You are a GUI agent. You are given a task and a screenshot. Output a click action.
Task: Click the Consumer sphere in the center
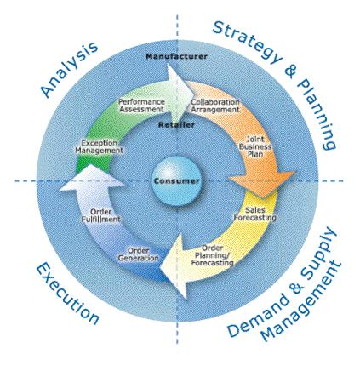[177, 181]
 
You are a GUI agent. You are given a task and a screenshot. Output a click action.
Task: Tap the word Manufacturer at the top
[176, 56]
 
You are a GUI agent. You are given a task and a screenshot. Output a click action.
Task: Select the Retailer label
[176, 124]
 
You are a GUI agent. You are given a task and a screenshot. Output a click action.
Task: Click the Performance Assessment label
[141, 106]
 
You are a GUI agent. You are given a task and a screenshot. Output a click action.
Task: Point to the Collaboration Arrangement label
[215, 106]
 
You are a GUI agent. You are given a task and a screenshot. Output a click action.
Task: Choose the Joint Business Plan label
[255, 146]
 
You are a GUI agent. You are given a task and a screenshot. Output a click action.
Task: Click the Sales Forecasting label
[254, 214]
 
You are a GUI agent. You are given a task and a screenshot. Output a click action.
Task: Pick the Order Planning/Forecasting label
[212, 255]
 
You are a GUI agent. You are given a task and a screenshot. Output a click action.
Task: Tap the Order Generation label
[139, 254]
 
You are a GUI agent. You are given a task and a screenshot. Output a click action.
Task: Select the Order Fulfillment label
[100, 215]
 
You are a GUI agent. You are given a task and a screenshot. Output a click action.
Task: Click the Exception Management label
[99, 146]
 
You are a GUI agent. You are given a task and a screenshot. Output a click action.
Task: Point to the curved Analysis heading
[69, 69]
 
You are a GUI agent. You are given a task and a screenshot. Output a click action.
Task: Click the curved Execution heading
[67, 293]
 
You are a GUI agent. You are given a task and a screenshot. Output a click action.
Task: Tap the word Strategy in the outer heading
[246, 42]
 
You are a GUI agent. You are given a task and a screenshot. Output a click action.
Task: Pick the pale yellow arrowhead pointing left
[174, 266]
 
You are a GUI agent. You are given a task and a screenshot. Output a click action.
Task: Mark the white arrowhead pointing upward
[92, 178]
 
